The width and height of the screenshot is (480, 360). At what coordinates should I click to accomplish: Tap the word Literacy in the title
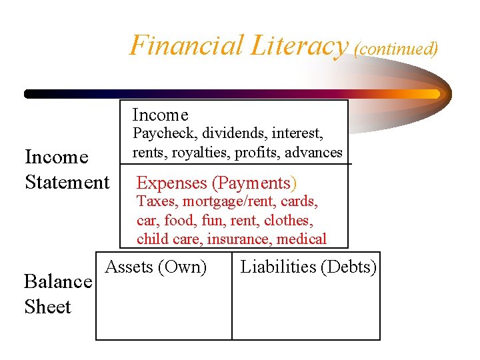pyautogui.click(x=299, y=45)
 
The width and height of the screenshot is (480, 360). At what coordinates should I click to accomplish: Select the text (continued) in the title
pyautogui.click(x=396, y=49)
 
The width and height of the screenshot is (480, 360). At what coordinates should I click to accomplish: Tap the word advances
pyautogui.click(x=313, y=152)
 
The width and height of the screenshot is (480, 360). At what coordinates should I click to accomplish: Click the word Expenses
pyautogui.click(x=172, y=183)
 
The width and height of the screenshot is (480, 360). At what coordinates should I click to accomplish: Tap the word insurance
pyautogui.click(x=237, y=238)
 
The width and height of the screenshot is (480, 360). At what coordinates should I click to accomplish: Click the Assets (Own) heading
pyautogui.click(x=156, y=267)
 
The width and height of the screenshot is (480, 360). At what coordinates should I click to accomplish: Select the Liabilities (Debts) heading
pyautogui.click(x=309, y=267)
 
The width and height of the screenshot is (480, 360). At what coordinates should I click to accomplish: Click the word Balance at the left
pyautogui.click(x=57, y=281)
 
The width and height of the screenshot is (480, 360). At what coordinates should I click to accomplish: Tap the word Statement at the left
pyautogui.click(x=67, y=182)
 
